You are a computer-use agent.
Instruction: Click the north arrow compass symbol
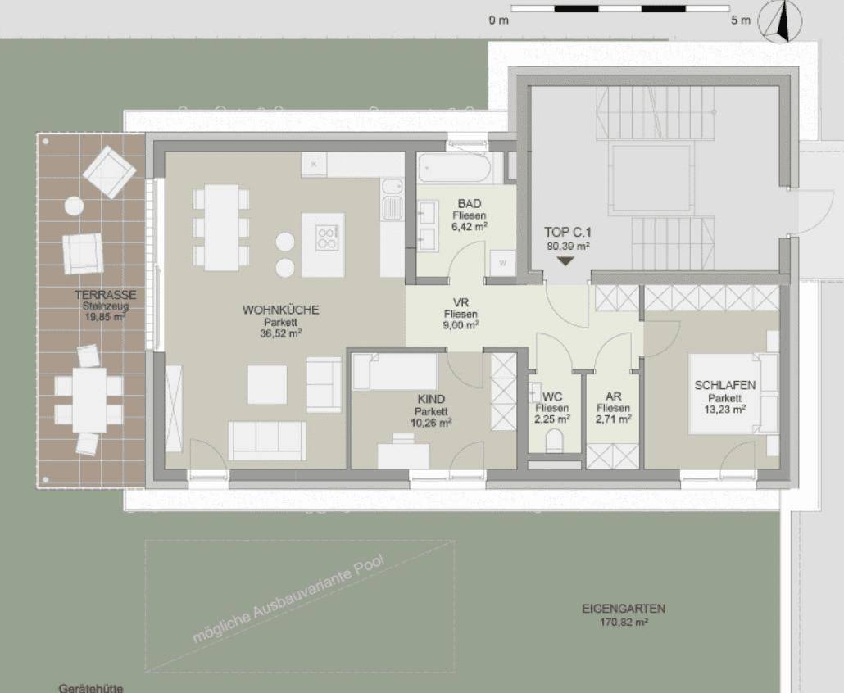point(780,22)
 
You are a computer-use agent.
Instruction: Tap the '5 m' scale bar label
point(740,20)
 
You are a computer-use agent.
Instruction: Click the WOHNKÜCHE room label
point(280,310)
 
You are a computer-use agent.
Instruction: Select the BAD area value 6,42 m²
point(470,227)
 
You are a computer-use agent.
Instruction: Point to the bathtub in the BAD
point(454,168)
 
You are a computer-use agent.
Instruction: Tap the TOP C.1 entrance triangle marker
point(565,261)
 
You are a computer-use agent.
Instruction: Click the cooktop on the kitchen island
point(327,238)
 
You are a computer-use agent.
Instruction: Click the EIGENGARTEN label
point(624,609)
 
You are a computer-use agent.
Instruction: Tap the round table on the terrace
point(75,206)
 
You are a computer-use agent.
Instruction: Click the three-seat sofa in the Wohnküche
point(267,441)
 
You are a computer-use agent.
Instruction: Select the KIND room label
point(431,399)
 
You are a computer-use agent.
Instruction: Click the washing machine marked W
point(503,263)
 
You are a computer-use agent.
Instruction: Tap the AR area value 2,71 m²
point(614,419)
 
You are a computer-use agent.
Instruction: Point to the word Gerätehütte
point(91,687)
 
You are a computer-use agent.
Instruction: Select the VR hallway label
point(461,302)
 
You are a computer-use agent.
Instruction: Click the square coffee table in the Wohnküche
point(267,385)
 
